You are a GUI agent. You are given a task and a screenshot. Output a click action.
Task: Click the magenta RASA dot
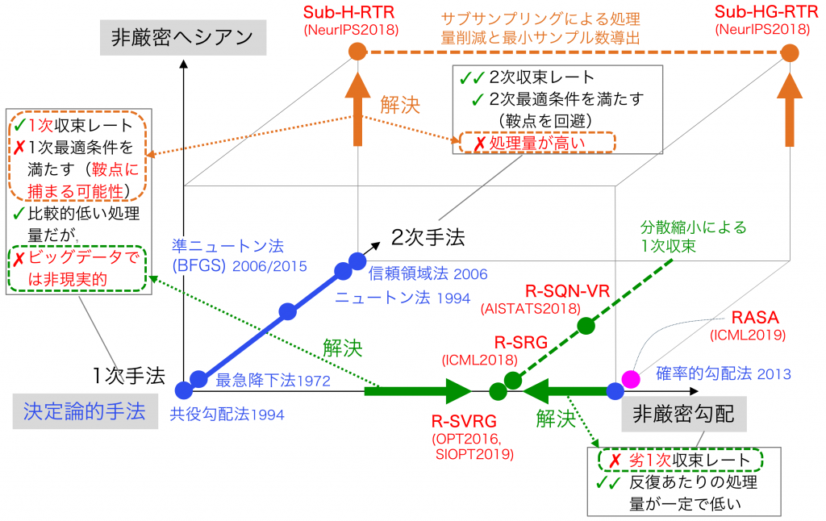[631, 379]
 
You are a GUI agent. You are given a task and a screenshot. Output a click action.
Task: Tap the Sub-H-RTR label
[348, 13]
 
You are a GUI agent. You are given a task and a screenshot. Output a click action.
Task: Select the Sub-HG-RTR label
[766, 11]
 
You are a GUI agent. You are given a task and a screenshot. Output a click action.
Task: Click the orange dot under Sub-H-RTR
[357, 52]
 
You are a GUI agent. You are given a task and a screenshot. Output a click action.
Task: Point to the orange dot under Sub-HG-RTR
[790, 52]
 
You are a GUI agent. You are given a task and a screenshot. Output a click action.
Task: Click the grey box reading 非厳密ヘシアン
[183, 37]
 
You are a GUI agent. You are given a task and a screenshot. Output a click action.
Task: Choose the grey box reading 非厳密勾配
[684, 414]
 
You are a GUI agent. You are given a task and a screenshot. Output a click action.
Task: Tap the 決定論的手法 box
[85, 411]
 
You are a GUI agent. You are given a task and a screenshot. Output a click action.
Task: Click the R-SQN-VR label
[567, 291]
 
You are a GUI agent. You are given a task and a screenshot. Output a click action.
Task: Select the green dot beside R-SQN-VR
[586, 326]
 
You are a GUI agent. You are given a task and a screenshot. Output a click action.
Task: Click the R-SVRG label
[464, 422]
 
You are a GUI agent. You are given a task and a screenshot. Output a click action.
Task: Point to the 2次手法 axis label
[428, 238]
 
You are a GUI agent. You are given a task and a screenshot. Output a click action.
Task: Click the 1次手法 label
[128, 376]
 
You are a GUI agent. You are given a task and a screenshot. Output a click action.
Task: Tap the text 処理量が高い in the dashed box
[536, 143]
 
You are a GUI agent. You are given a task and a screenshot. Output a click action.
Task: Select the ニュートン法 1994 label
[403, 298]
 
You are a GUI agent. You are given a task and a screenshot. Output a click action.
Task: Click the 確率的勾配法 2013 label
[724, 373]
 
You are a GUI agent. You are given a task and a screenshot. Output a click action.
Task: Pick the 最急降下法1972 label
[273, 381]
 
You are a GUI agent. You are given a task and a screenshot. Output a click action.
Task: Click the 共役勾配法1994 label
[227, 415]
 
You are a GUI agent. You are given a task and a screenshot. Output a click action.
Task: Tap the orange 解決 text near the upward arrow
[400, 105]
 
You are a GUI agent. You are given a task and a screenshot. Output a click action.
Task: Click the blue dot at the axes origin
[184, 390]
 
